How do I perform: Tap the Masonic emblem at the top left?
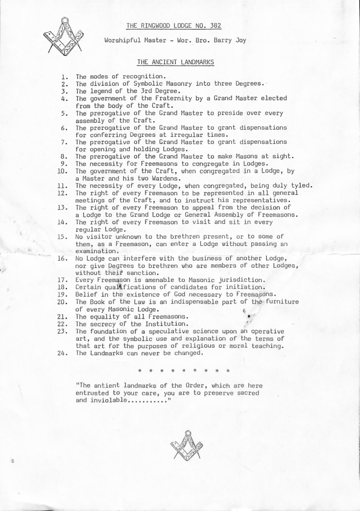63,37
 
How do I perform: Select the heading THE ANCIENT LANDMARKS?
175,62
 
